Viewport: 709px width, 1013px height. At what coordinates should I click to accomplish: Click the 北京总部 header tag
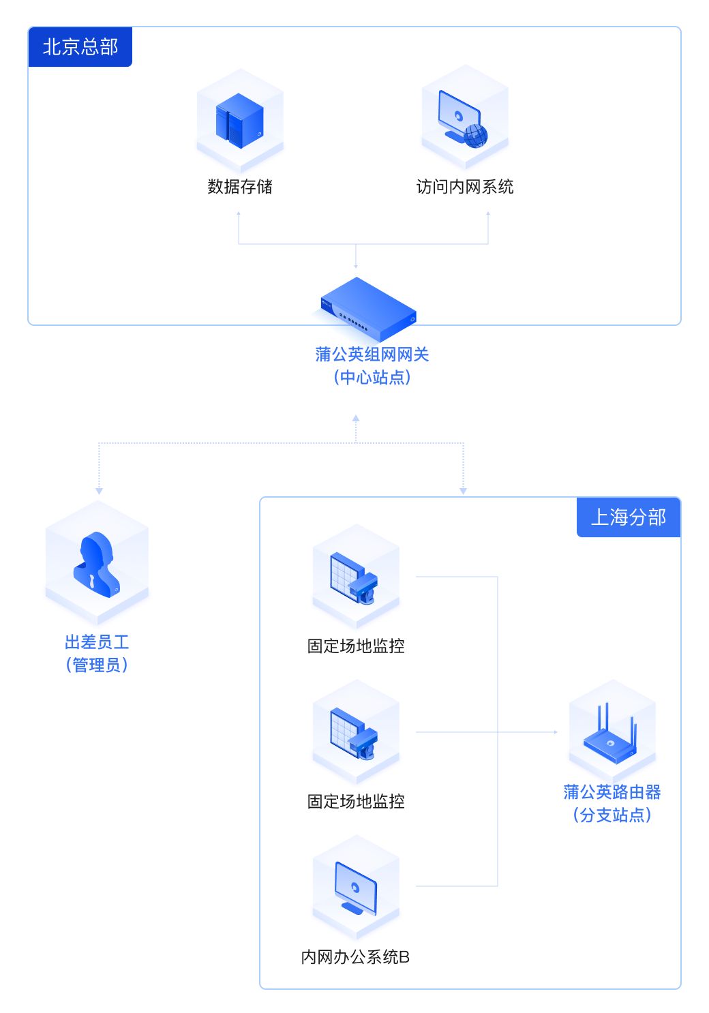pos(80,47)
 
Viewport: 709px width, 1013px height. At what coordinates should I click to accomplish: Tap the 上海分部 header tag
pos(628,517)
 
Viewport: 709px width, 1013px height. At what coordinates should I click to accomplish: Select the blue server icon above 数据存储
pos(239,121)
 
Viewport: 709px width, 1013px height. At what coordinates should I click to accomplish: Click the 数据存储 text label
pos(239,187)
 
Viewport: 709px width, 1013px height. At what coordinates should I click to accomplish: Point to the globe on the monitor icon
pos(476,136)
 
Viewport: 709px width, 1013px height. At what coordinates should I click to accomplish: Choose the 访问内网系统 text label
pos(465,187)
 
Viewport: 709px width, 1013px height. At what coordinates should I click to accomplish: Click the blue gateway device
pos(369,309)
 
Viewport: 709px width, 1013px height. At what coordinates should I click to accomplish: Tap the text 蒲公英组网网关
pos(372,354)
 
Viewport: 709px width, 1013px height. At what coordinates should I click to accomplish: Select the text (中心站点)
pos(372,378)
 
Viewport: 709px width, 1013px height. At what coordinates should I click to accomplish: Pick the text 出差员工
pos(97,642)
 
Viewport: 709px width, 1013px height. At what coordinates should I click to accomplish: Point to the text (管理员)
pos(97,665)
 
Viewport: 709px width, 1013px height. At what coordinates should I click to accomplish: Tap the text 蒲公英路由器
pos(612,792)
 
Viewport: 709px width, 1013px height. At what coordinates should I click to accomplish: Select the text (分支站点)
pos(612,815)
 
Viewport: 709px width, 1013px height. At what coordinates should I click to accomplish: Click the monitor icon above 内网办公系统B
pos(355,888)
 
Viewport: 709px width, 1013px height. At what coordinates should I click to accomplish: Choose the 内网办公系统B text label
pos(355,957)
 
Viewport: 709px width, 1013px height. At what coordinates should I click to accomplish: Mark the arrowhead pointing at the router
pos(555,732)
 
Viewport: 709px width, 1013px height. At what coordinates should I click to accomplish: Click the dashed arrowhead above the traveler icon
pos(100,491)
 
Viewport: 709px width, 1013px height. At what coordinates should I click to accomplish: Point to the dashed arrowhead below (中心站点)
pos(356,419)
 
